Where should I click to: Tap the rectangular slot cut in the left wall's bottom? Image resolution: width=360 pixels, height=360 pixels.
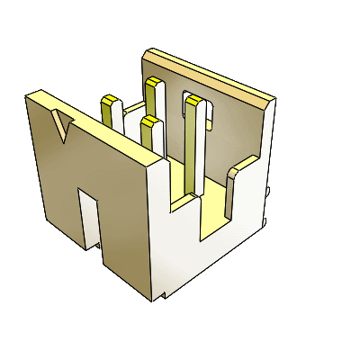point(88,216)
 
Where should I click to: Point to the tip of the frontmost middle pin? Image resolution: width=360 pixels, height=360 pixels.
point(150,121)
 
